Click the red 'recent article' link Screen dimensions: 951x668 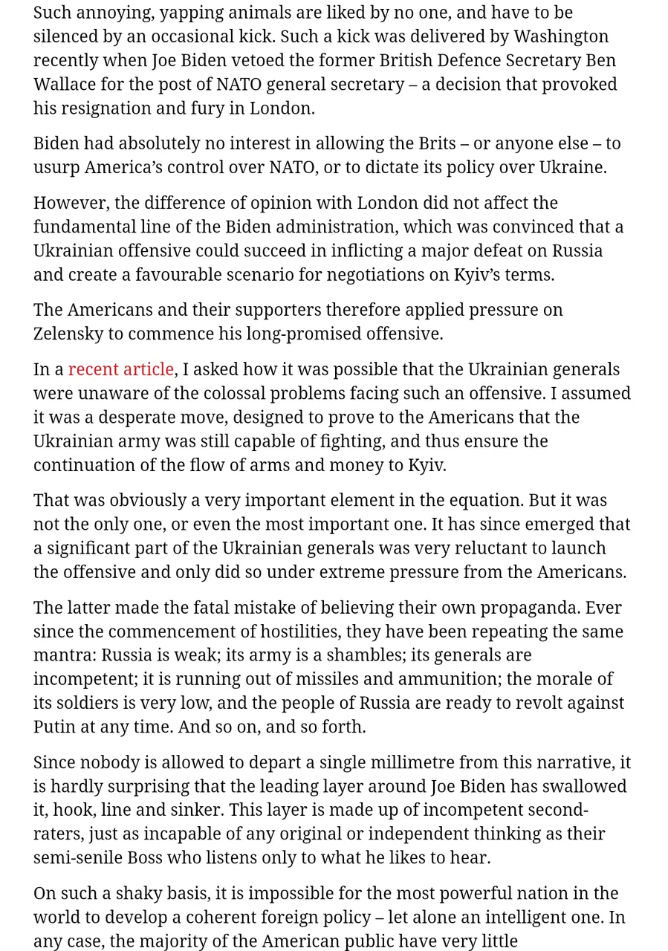tap(120, 369)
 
